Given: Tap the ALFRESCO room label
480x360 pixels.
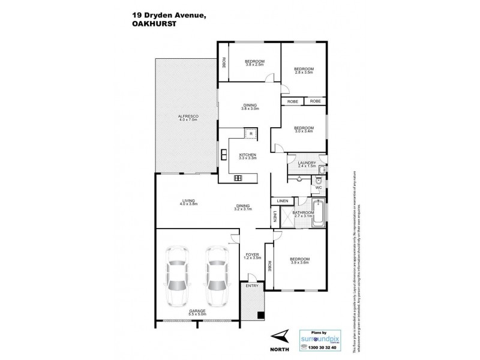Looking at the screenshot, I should (188, 118).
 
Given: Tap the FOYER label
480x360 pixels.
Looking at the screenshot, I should (251, 256).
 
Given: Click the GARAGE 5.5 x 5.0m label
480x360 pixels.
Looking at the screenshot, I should (196, 313).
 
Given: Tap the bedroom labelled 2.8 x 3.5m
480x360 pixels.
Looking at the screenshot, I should (304, 71).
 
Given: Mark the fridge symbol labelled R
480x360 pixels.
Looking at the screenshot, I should (251, 134).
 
